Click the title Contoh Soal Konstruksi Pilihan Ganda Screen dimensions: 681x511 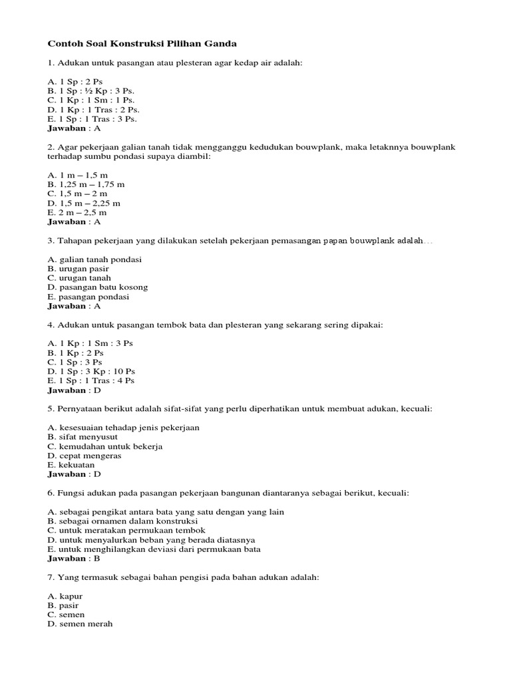click(142, 44)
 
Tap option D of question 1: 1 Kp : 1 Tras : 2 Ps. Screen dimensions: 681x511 click(94, 109)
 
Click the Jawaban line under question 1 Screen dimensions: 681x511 click(74, 128)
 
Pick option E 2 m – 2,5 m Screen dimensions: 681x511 click(77, 212)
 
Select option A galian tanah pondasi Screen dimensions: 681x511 click(94, 259)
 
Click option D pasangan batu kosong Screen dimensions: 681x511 click(98, 287)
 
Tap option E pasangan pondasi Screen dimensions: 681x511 click(88, 297)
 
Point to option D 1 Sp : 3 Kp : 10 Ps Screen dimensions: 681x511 click(92, 371)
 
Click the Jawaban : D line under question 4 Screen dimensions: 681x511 click(74, 390)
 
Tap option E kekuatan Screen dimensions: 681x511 click(71, 465)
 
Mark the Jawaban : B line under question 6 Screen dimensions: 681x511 click(74, 559)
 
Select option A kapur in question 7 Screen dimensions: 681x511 click(65, 597)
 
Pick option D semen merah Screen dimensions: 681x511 click(81, 624)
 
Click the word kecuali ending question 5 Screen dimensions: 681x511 click(415, 409)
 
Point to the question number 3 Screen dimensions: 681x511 click(51, 241)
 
